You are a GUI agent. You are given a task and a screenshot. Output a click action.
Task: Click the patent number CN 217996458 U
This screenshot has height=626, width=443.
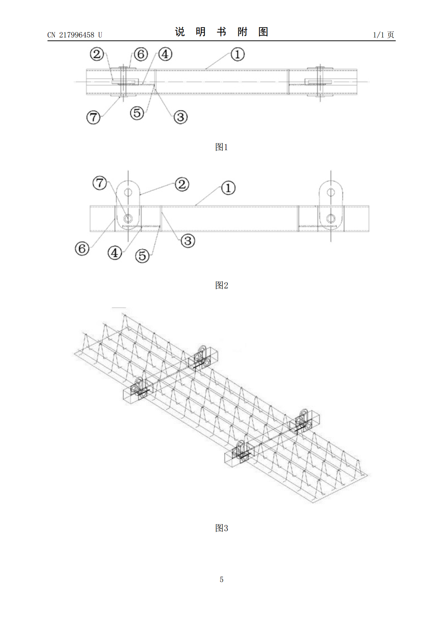pyautogui.click(x=75, y=35)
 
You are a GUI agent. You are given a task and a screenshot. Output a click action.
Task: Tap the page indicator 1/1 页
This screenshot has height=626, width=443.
pyautogui.click(x=383, y=35)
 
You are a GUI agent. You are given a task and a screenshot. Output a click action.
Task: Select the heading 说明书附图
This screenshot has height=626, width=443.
pyautogui.click(x=221, y=32)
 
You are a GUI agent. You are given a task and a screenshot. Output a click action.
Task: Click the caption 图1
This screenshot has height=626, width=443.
pyautogui.click(x=221, y=147)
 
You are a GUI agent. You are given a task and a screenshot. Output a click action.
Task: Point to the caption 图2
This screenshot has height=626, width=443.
pyautogui.click(x=221, y=285)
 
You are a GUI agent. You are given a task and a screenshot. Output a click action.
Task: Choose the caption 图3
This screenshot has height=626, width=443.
pyautogui.click(x=221, y=528)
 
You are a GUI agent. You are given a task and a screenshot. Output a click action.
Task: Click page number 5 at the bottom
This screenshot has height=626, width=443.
pyautogui.click(x=221, y=580)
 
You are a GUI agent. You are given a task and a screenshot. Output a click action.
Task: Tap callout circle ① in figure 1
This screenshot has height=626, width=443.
pyautogui.click(x=238, y=54)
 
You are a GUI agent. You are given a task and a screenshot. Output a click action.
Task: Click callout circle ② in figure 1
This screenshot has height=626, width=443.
pyautogui.click(x=97, y=54)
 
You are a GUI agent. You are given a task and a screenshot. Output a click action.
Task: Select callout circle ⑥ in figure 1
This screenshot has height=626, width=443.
pyautogui.click(x=141, y=54)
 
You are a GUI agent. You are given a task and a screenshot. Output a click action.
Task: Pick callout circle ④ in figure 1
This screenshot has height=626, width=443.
pyautogui.click(x=165, y=54)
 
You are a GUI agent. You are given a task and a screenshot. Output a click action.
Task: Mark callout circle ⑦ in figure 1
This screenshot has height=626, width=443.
pyautogui.click(x=93, y=117)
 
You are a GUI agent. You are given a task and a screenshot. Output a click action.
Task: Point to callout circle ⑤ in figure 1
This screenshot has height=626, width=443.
pyautogui.click(x=137, y=113)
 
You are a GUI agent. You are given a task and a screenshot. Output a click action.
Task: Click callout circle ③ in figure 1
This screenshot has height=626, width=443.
pyautogui.click(x=181, y=117)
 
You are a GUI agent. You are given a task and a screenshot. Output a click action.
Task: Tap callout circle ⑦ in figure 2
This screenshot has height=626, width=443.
pyautogui.click(x=100, y=183)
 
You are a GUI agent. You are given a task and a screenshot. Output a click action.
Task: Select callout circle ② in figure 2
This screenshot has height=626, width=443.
pyautogui.click(x=182, y=184)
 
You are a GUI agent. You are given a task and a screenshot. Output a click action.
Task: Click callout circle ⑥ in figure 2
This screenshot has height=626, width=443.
pyautogui.click(x=82, y=249)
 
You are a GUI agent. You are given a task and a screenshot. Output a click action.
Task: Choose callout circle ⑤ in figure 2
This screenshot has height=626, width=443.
pyautogui.click(x=143, y=256)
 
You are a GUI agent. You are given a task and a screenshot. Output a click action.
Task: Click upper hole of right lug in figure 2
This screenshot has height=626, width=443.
pyautogui.click(x=331, y=192)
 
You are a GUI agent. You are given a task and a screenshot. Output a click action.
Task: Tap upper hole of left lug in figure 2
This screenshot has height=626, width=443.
pyautogui.click(x=128, y=192)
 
